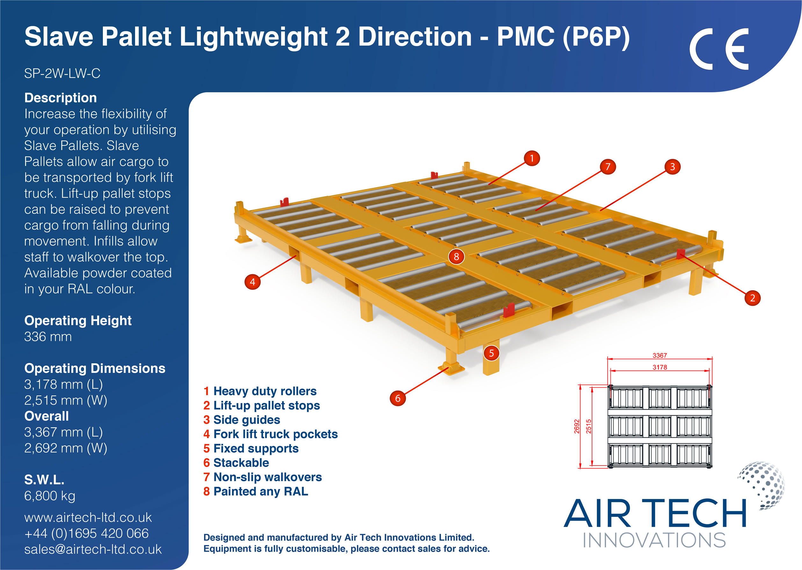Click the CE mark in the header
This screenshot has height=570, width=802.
719,49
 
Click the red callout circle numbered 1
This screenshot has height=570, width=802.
531,158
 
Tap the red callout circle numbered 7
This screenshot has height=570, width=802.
608,167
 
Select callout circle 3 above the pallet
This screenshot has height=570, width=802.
672,167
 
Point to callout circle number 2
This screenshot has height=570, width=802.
753,298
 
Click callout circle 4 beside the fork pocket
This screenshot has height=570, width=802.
252,282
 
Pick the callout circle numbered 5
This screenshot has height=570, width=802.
491,353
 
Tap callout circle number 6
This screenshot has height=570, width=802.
398,398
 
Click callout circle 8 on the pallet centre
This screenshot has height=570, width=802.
456,257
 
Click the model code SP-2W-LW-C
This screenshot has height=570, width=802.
62,73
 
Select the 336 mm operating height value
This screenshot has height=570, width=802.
48,337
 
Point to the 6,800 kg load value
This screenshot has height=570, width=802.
49,496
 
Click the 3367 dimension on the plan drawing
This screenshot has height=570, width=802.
660,356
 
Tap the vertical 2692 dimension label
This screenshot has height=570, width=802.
577,426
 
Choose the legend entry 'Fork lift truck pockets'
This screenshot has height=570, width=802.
271,434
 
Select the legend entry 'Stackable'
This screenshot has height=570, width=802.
236,463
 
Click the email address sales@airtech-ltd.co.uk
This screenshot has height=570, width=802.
93,549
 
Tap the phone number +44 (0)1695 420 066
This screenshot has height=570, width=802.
86,533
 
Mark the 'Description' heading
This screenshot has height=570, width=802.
61,97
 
